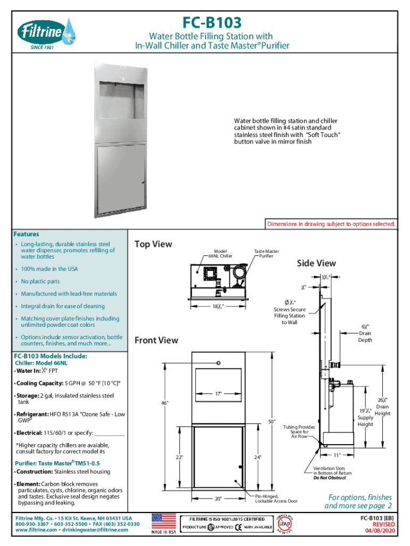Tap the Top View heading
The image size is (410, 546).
click(154, 244)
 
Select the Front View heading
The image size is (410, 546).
click(156, 340)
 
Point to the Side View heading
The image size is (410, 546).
click(316, 263)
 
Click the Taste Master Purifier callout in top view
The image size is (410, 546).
click(266, 253)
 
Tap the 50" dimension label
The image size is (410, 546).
click(272, 422)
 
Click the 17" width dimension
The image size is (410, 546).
click(218, 394)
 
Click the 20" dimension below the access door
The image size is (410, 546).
click(218, 499)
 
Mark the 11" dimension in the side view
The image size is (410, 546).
click(337, 455)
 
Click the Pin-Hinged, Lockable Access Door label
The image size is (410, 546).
click(276, 499)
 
